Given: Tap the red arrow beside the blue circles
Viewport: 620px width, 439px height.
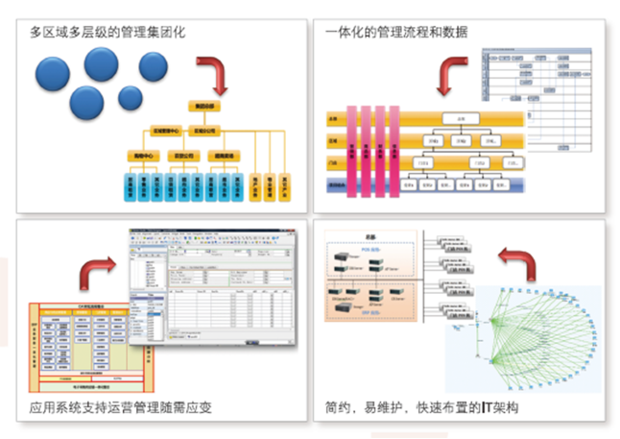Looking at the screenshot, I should click(x=218, y=74).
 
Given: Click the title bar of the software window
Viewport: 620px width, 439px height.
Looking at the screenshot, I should click(x=211, y=235).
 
